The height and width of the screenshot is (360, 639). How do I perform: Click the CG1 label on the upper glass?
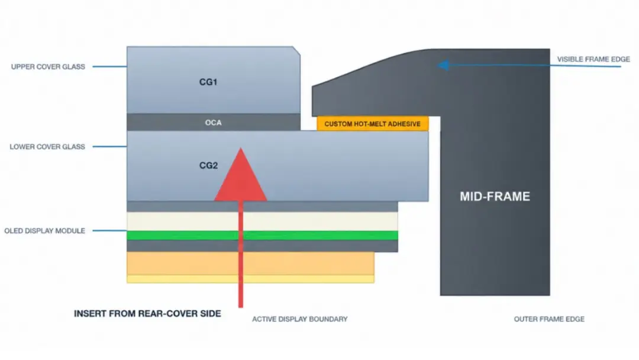(208, 82)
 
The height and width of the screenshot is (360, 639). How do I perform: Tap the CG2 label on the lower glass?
(208, 165)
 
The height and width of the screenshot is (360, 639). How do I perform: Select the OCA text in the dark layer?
(213, 123)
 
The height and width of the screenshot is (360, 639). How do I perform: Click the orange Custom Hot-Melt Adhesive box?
(373, 124)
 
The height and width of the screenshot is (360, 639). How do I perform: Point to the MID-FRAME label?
(495, 197)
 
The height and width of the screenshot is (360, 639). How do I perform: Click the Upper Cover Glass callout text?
(48, 66)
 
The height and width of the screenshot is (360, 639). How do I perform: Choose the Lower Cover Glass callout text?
(47, 146)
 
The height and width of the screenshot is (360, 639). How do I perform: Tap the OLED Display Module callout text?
(45, 231)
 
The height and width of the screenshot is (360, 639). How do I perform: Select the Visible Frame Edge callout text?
(593, 59)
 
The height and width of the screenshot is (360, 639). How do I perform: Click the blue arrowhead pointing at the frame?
(443, 65)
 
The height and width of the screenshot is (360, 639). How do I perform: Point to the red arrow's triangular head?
(240, 175)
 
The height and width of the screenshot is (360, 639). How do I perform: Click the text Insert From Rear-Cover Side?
(147, 314)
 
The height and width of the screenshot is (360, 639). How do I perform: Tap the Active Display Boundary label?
(300, 319)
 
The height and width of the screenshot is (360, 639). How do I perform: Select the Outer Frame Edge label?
(549, 319)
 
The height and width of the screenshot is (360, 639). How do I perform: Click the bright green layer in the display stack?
(263, 235)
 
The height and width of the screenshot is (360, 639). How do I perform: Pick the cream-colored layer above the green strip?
(263, 221)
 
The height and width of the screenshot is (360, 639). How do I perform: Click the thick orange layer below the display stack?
(251, 263)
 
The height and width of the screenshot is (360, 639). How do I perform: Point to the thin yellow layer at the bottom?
(251, 279)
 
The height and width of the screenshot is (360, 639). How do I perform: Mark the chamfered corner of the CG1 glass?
(296, 50)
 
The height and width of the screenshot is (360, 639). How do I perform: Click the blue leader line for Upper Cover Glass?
(109, 66)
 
